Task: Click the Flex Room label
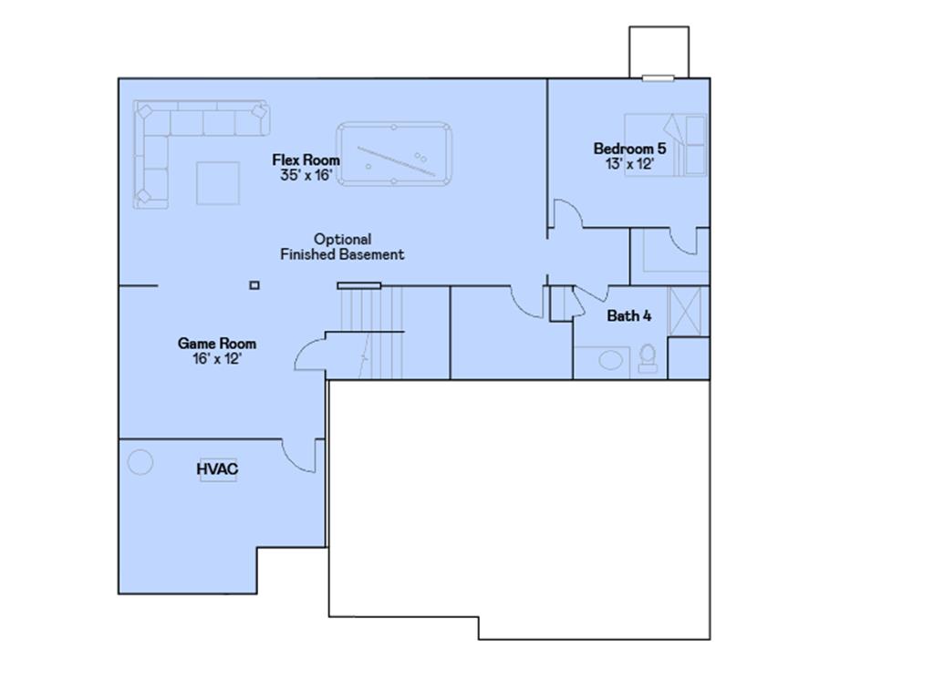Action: coord(306,160)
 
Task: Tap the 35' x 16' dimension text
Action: coord(306,175)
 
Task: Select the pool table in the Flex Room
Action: coord(394,153)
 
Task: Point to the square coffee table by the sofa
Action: coord(218,182)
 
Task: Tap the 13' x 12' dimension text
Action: coord(629,164)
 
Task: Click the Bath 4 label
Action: coord(629,316)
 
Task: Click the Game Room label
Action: coord(216,344)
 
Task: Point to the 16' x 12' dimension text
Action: coord(216,359)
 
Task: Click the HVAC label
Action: coord(217,469)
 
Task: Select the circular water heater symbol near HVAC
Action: coord(140,461)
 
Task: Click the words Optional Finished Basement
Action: coord(342,247)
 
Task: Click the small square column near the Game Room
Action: coord(254,285)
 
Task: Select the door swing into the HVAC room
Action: coord(299,456)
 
